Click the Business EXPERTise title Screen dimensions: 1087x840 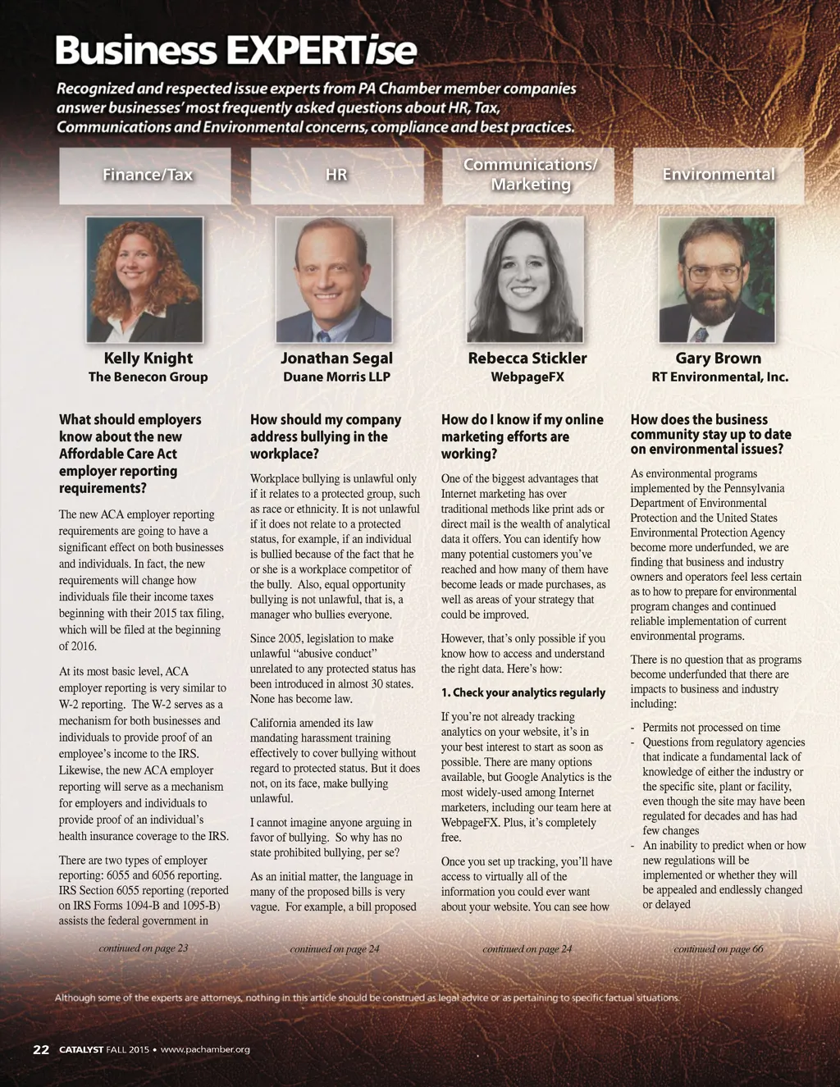coord(236,50)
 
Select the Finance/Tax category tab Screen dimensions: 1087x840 coord(148,175)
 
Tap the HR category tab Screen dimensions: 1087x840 coord(336,175)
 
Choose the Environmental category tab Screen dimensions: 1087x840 coord(718,175)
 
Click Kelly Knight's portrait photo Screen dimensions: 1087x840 coord(144,280)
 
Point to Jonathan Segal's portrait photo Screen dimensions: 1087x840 coord(334,280)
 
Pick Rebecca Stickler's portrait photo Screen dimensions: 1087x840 coord(525,280)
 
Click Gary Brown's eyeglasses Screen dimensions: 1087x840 coord(713,272)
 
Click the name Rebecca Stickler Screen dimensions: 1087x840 coord(527,359)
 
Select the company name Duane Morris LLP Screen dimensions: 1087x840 coord(336,377)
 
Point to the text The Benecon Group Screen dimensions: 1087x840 coord(148,377)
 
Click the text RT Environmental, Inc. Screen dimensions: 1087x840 coord(719,377)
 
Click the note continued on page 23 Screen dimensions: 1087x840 coord(144,948)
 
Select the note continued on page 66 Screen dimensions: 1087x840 coord(719,949)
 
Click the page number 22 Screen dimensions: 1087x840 coord(41,1049)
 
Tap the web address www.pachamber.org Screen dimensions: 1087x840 coord(205,1049)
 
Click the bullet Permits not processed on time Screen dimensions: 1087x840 coord(710,728)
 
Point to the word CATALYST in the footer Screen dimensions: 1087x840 coord(81,1049)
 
